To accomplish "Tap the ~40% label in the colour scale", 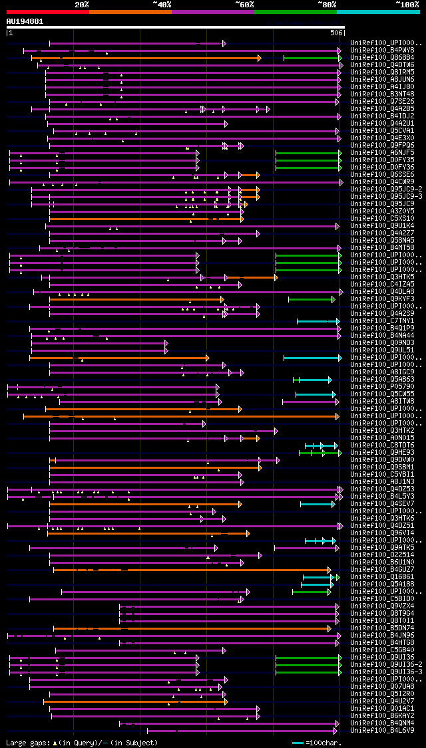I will [x=162, y=5].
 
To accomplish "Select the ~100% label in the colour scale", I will [x=407, y=5].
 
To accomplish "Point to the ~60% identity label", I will [x=244, y=5].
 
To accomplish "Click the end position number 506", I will [x=336, y=33].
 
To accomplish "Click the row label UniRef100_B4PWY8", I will [x=382, y=51].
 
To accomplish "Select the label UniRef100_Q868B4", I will [x=382, y=58].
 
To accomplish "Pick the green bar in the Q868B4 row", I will [x=312, y=59].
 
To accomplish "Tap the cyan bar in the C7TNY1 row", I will [x=318, y=322].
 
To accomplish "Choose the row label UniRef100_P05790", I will [x=382, y=387].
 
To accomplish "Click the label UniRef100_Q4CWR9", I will [x=382, y=182].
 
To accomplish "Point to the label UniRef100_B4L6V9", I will [x=382, y=731].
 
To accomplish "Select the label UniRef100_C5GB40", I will [x=382, y=650].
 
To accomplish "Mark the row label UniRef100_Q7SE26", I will [x=382, y=102].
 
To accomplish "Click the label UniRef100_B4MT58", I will [x=382, y=248].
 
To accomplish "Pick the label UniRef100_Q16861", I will [x=382, y=577].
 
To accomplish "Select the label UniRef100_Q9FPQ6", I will [x=382, y=146].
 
